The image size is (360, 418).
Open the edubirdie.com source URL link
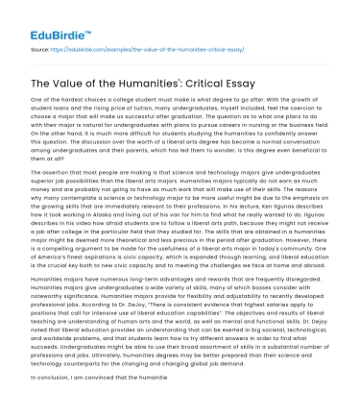click(144, 44)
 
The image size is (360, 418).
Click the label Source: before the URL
click(41, 44)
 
